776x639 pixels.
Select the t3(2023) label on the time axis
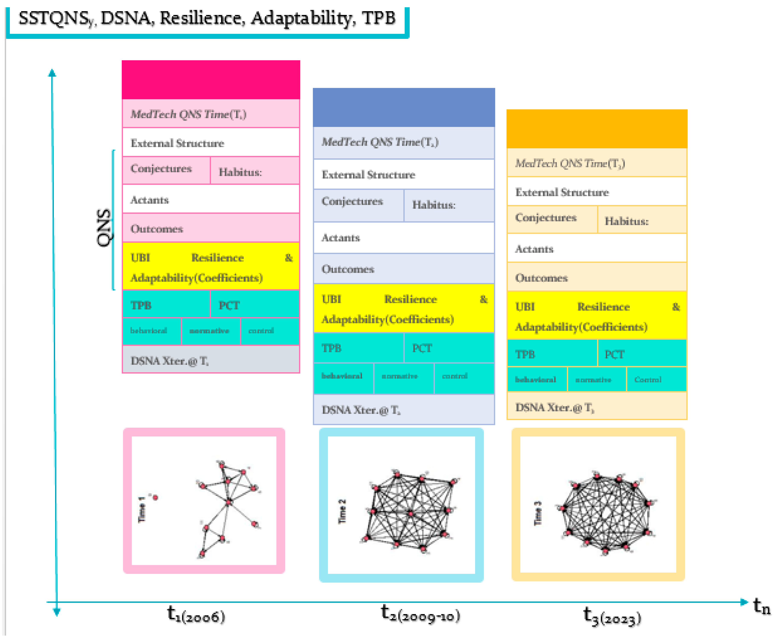click(612, 616)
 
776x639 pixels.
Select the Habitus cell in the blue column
click(449, 205)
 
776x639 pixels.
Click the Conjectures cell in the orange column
click(552, 219)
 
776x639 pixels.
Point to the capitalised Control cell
click(656, 379)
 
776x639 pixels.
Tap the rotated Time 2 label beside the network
click(342, 511)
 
